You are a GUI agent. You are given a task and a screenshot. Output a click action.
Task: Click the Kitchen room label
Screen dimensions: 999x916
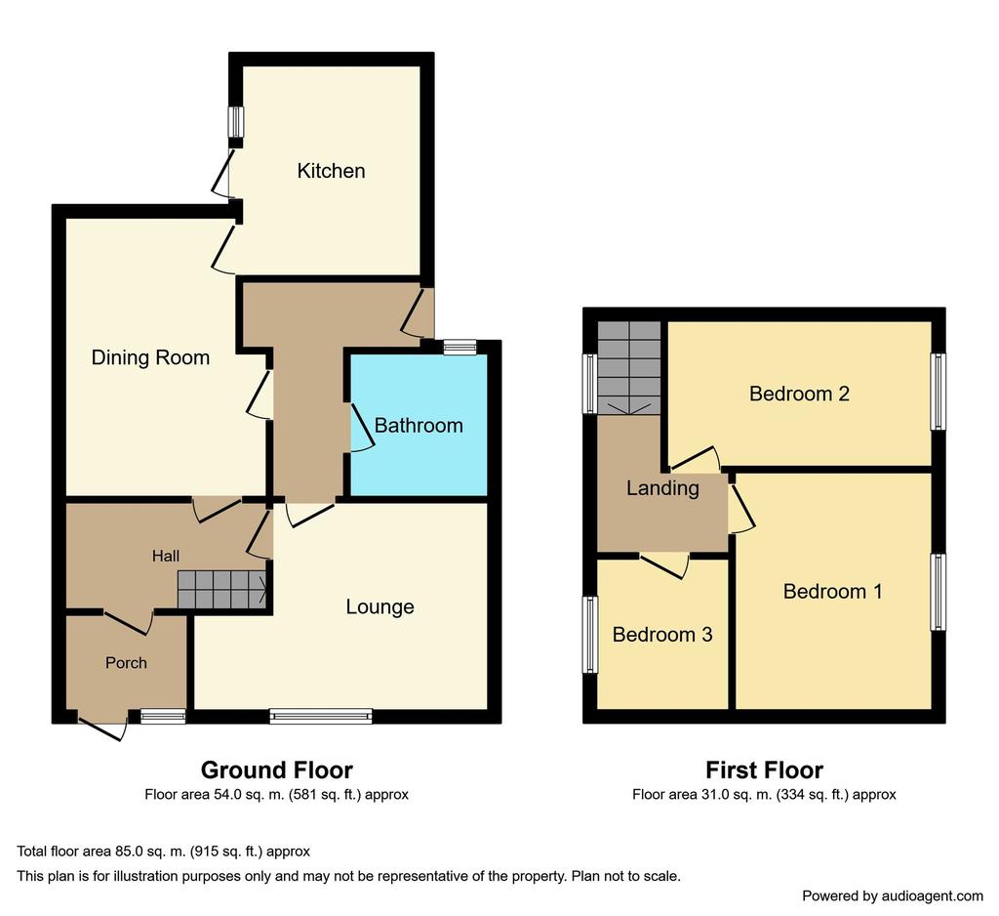331,171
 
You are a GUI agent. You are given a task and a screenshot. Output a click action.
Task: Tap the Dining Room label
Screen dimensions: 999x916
150,357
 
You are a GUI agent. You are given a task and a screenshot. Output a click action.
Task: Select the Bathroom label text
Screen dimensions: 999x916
418,426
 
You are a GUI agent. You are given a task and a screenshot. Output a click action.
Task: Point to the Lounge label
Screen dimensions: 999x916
380,606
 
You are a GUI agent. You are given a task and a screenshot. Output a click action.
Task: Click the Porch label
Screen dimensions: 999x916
126,663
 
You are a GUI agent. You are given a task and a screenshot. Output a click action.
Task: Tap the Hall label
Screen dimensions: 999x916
166,557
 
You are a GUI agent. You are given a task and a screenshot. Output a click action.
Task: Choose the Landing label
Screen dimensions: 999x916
662,488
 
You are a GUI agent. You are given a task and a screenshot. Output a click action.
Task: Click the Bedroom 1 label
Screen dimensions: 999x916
833,592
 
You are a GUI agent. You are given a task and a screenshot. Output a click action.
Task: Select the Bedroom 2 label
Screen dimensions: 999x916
799,394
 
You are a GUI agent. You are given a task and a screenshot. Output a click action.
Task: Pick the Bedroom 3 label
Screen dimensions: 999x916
662,634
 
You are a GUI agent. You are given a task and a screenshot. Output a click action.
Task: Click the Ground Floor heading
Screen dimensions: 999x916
276,770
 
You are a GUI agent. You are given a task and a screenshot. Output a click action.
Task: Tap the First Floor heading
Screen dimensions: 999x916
764,770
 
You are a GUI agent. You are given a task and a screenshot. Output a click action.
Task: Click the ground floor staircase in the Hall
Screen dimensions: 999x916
221,590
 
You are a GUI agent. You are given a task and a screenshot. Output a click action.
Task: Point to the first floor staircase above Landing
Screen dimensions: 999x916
629,368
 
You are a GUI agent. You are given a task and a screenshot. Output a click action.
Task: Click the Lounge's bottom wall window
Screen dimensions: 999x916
321,717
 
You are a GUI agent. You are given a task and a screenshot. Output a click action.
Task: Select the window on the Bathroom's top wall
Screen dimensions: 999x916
460,347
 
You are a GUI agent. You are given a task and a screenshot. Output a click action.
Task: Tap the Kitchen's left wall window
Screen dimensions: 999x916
236,121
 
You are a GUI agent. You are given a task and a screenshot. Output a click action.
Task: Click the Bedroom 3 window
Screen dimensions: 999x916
590,635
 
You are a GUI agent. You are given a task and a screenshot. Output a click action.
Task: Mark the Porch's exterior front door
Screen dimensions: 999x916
101,729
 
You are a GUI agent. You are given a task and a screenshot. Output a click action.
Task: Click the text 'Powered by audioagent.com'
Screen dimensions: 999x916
892,896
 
